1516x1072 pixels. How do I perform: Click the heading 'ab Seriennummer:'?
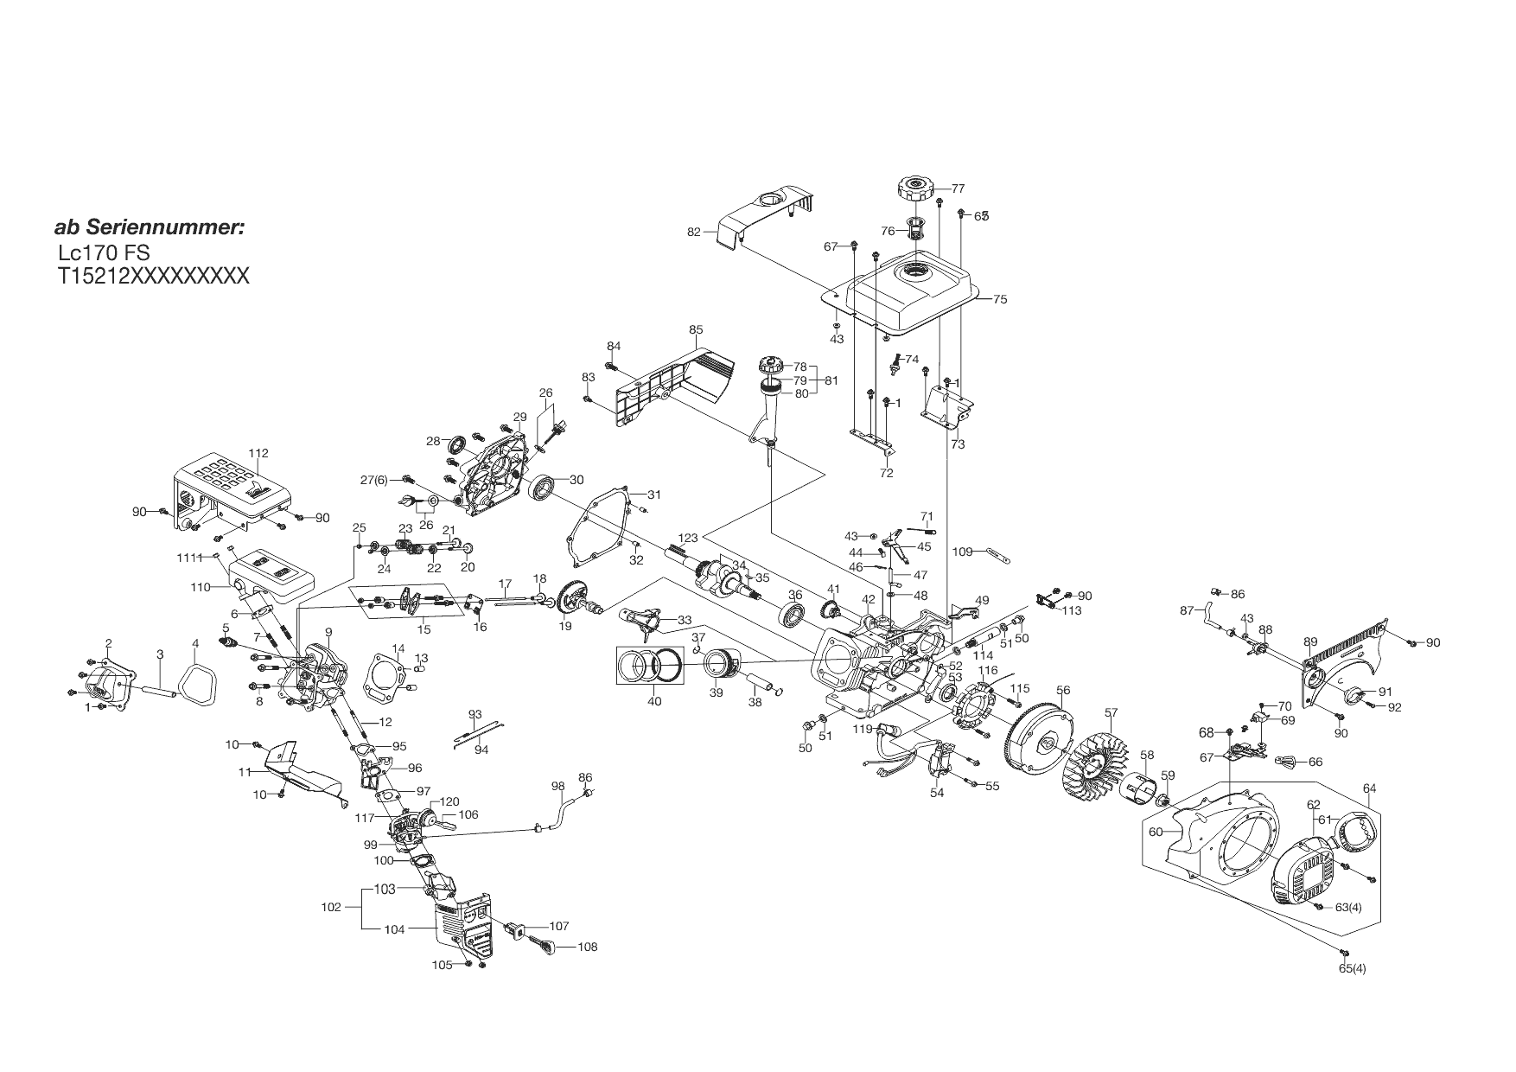(150, 228)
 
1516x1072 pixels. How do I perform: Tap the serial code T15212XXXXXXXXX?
(153, 276)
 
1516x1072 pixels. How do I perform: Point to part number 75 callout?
(1000, 299)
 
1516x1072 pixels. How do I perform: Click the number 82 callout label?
(694, 232)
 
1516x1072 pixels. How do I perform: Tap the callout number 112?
(258, 453)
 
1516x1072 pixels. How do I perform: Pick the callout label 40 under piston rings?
(654, 701)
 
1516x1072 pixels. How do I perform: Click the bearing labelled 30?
(543, 489)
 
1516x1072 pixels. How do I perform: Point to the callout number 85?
(696, 329)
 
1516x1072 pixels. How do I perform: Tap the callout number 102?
(330, 908)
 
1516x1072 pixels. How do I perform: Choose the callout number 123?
(687, 539)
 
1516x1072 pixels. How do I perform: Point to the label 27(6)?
(374, 480)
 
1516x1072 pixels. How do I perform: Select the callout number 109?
(963, 551)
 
